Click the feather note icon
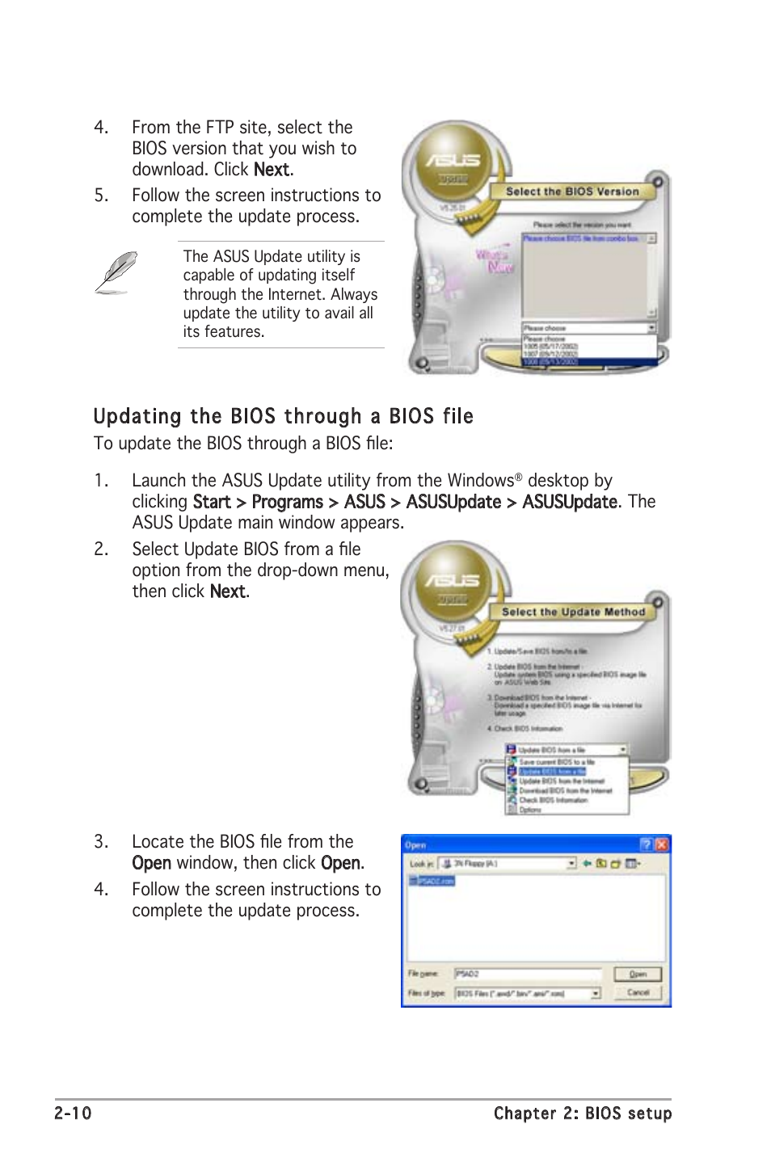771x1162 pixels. click(x=116, y=272)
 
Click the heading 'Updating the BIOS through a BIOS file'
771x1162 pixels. click(x=283, y=416)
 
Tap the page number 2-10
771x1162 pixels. click(x=73, y=1113)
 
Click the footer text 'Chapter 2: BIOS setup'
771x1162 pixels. click(x=582, y=1113)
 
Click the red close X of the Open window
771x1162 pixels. click(x=661, y=844)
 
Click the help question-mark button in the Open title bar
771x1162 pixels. click(x=646, y=844)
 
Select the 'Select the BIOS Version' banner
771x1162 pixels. click(x=572, y=192)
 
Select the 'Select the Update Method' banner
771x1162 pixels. click(x=573, y=612)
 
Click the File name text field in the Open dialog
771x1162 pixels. click(x=528, y=974)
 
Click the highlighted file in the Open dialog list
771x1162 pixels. click(x=432, y=881)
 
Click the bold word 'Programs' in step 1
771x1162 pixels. click(x=287, y=502)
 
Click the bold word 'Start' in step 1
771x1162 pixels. click(x=212, y=502)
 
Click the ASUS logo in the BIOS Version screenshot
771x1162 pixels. click(x=453, y=161)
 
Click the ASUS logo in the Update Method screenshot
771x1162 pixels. click(x=453, y=580)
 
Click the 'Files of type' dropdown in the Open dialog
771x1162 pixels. click(x=528, y=993)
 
